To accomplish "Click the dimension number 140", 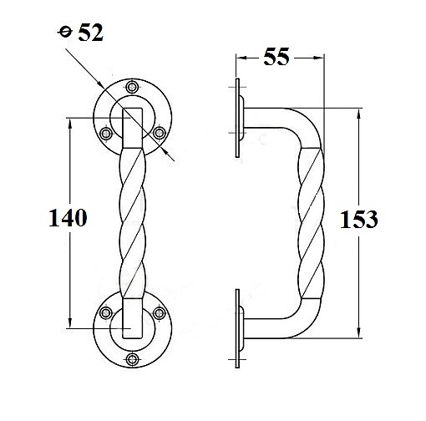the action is click(x=68, y=217).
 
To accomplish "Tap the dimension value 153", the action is click(x=359, y=220).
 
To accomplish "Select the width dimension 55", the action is click(x=276, y=57).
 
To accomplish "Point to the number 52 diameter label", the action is click(x=90, y=33).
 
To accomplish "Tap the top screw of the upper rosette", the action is click(x=132, y=87).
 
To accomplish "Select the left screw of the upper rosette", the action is click(x=106, y=134).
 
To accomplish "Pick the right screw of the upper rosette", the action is click(x=159, y=133).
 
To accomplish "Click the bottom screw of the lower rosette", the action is click(x=132, y=359).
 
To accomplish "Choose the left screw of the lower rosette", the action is click(x=106, y=313).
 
